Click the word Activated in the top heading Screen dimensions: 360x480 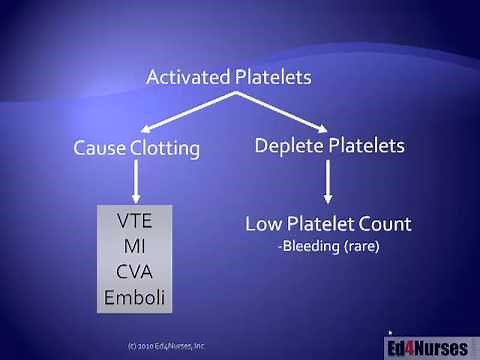pyautogui.click(x=186, y=77)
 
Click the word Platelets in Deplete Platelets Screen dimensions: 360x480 pyautogui.click(x=363, y=146)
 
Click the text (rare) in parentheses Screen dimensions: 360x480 pyautogui.click(x=363, y=244)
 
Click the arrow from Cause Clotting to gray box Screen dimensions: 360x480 pyautogui.click(x=134, y=182)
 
